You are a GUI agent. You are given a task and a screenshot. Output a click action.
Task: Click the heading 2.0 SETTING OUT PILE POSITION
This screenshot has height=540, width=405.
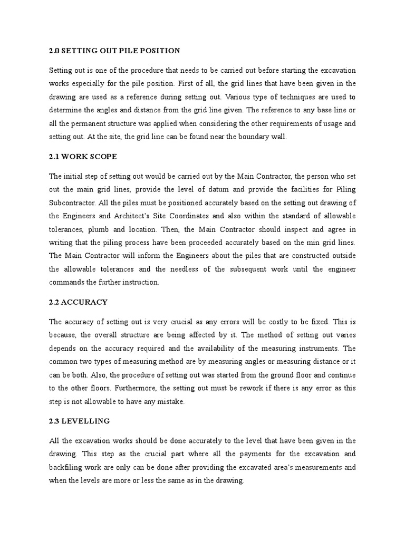click(x=114, y=51)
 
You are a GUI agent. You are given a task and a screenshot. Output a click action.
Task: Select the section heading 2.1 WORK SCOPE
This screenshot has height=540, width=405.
click(x=83, y=157)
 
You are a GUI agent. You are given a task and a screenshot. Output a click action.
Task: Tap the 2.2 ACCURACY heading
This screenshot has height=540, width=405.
click(x=78, y=302)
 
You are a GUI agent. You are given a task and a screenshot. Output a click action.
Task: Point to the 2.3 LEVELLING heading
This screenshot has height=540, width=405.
click(x=79, y=421)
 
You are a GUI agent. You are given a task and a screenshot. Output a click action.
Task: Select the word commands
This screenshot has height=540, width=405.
click(x=67, y=282)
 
